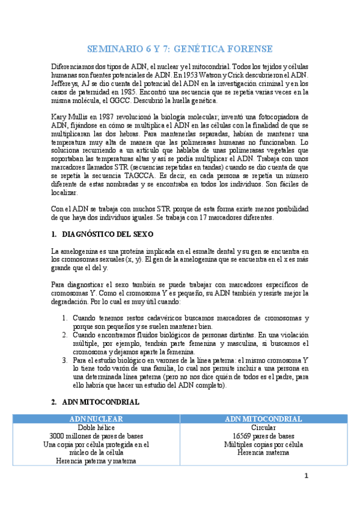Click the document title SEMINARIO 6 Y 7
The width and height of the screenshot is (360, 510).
click(x=180, y=49)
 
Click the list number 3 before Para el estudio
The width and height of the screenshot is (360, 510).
click(x=65, y=360)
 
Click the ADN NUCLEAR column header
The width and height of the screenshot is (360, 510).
click(x=97, y=419)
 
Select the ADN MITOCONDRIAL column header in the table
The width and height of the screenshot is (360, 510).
click(x=263, y=419)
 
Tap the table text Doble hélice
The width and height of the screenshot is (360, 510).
click(x=97, y=428)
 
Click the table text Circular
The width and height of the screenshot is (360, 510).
click(x=263, y=428)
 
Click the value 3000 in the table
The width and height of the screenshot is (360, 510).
click(x=59, y=436)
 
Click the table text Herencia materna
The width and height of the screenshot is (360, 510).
click(x=263, y=453)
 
